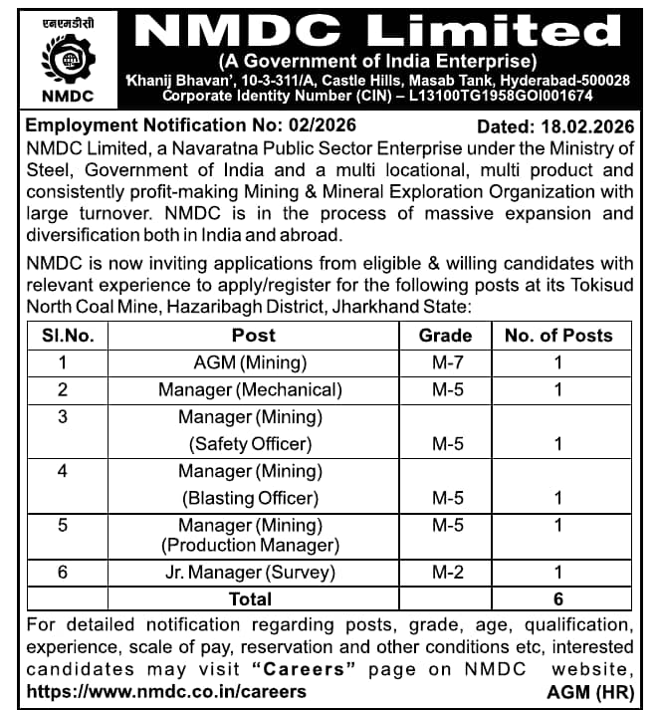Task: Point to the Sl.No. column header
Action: [x=69, y=336]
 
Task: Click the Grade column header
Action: [x=445, y=336]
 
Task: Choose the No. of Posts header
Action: [x=557, y=336]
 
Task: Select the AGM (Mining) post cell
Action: [x=250, y=362]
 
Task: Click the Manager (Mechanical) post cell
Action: [x=250, y=389]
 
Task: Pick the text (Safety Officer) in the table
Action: [x=250, y=443]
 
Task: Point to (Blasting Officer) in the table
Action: [x=250, y=497]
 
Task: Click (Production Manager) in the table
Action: [x=250, y=545]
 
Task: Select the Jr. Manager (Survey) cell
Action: [x=250, y=573]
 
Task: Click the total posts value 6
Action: [x=558, y=598]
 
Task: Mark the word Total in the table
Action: [x=250, y=598]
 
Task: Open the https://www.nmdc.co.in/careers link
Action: [x=167, y=690]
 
